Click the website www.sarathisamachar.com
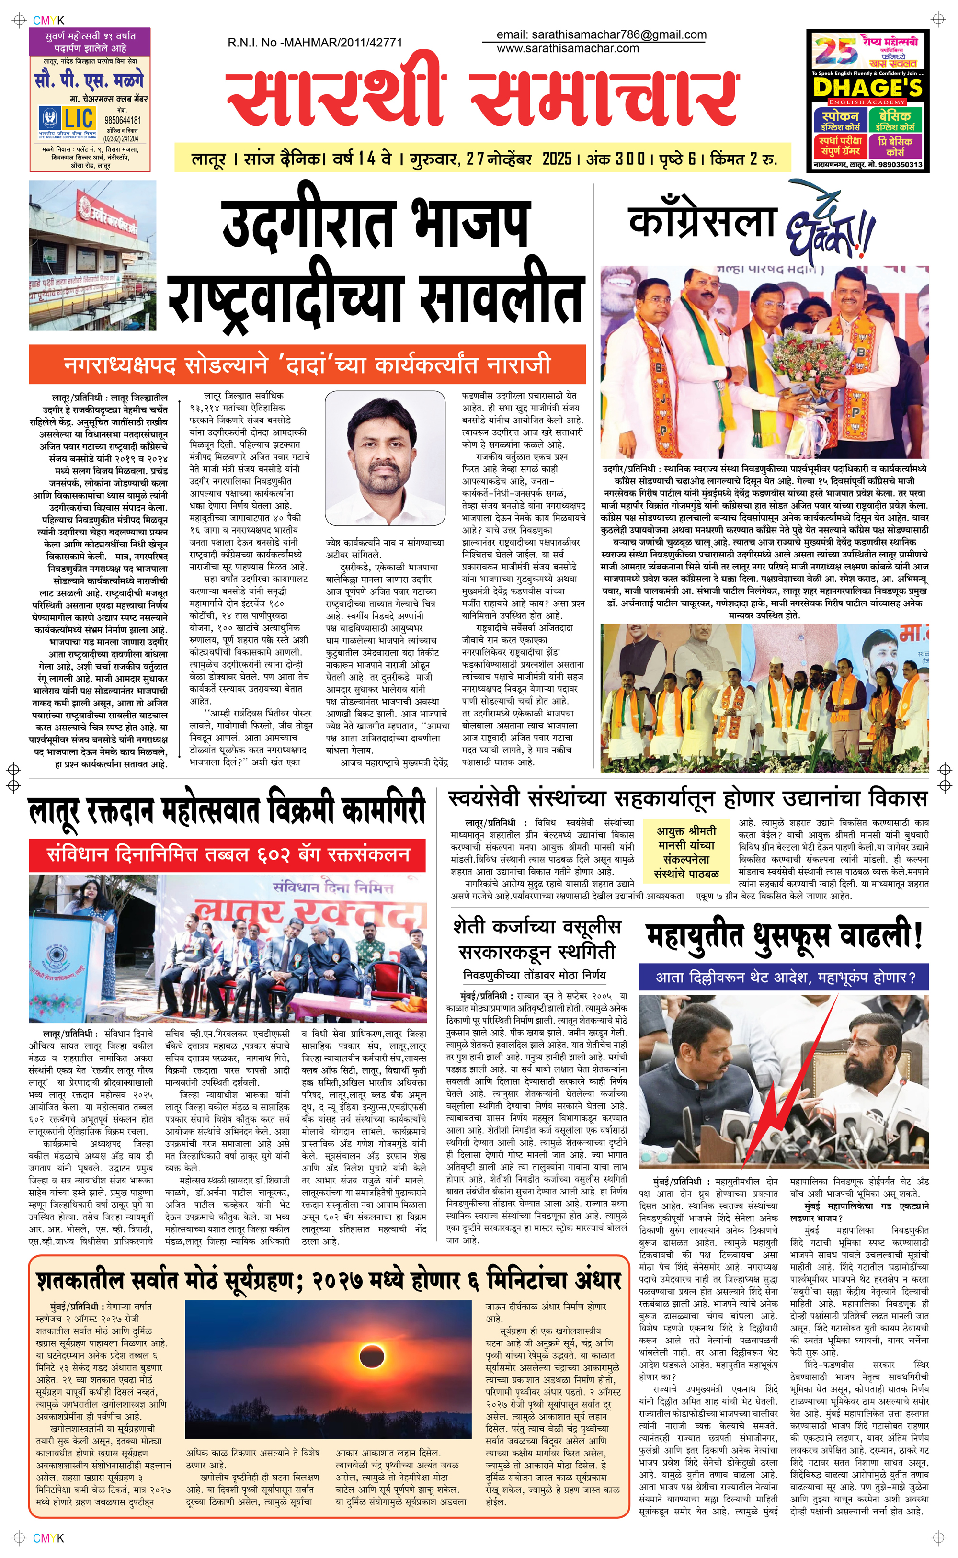click(x=568, y=48)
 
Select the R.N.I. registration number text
click(x=315, y=43)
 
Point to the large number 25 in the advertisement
click(x=836, y=52)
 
